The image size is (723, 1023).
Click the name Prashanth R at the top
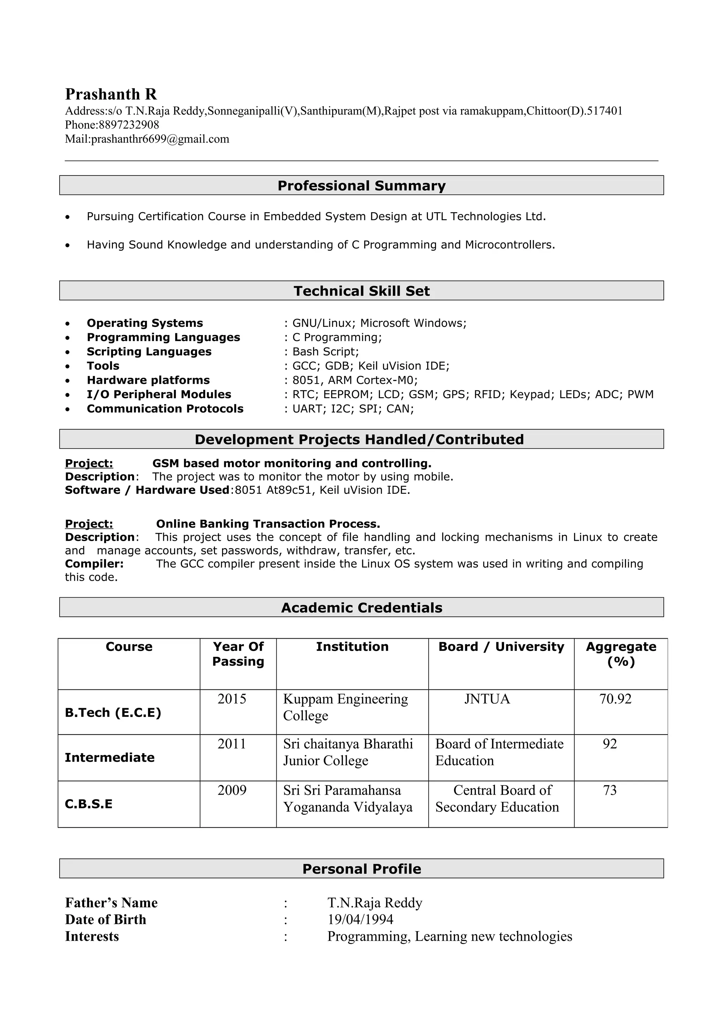point(111,95)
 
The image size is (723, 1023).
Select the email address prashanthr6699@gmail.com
point(160,139)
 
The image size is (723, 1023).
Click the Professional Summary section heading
point(361,185)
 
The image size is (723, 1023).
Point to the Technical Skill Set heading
point(361,291)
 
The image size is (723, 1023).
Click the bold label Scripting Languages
point(149,352)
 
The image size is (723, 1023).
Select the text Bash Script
point(325,352)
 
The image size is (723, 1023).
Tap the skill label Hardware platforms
point(148,380)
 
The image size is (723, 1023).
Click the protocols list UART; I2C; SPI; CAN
point(352,408)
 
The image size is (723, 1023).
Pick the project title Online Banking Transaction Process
point(268,524)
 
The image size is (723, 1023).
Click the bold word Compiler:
point(94,564)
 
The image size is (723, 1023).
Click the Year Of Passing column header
point(238,654)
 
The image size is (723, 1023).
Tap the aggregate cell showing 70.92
point(615,699)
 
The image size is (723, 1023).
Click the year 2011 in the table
point(232,744)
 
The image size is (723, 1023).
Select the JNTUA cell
point(487,699)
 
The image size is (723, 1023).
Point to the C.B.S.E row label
point(89,804)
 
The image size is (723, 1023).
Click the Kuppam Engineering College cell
point(345,707)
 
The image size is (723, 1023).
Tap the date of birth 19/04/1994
point(360,919)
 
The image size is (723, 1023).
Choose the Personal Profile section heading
point(361,869)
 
